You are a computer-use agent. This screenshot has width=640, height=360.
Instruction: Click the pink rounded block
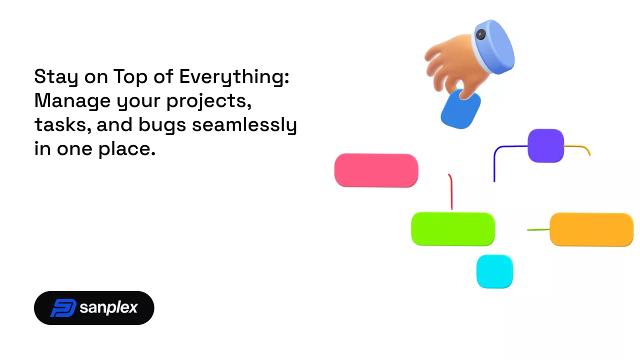pos(376,170)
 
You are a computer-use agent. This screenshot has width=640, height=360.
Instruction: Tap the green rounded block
pos(453,229)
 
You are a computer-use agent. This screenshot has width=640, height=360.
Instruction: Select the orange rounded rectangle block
pos(591,229)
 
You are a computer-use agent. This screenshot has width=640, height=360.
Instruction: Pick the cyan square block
pos(494,271)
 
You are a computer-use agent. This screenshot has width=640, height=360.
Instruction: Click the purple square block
pos(545,145)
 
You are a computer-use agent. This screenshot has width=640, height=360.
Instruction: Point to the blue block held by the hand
pos(460,110)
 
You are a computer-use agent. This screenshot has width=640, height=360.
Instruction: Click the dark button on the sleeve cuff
pos(480,34)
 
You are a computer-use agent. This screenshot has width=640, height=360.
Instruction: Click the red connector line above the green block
pos(451,191)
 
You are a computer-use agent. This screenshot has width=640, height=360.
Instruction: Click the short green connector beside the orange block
pos(538,229)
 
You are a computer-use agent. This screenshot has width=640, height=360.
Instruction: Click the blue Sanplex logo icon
pos(63,308)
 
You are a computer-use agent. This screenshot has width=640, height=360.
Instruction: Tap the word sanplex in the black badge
pos(108,308)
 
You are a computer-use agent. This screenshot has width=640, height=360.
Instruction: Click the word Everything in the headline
pos(234,77)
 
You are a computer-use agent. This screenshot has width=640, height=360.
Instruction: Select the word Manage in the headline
pos(72,101)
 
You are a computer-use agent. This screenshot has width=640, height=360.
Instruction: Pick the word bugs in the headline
pos(162,125)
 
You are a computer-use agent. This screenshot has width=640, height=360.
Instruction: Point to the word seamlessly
pos(244,125)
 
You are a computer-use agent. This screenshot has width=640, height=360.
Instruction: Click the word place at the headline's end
pos(127,149)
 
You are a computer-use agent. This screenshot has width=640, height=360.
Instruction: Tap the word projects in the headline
pos(209,101)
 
